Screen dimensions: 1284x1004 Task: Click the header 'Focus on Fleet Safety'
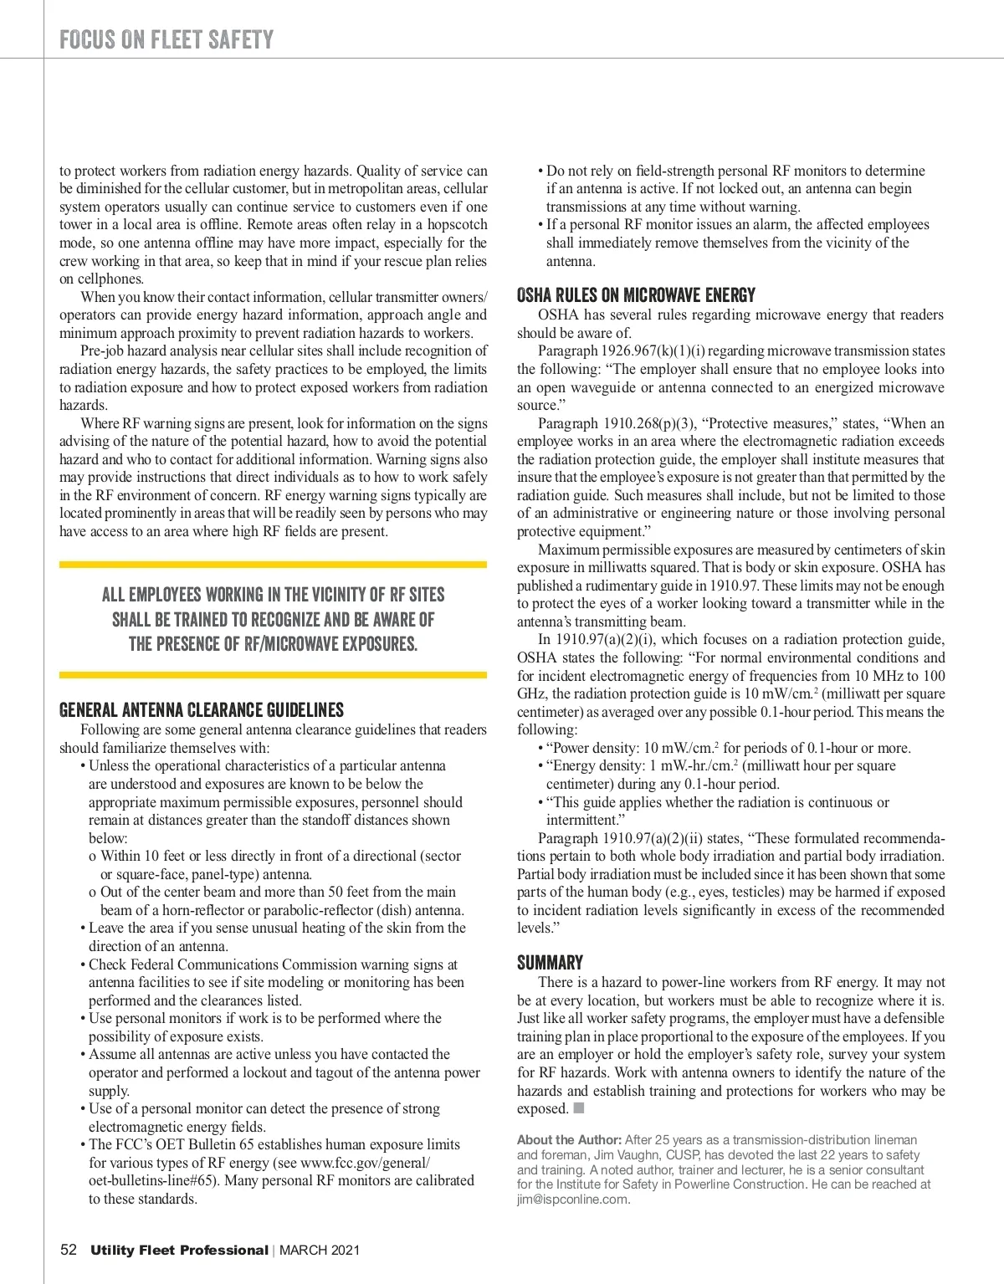pos(166,39)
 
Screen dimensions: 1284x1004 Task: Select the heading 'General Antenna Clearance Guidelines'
pos(202,710)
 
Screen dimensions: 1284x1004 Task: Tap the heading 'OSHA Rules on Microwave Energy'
pos(636,295)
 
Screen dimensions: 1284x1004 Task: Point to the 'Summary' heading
pos(550,962)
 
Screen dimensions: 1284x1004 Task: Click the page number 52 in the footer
pos(69,1250)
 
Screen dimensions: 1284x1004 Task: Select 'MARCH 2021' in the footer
pos(320,1251)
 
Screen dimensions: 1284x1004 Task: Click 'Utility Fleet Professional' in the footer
pos(179,1251)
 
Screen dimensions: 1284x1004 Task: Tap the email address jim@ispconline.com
pos(572,1199)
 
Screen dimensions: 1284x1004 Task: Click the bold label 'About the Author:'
pos(569,1139)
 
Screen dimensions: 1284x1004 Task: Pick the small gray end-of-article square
pos(579,1108)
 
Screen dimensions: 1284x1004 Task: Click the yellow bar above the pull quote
pos(273,565)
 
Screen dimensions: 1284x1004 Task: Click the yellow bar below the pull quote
pos(273,674)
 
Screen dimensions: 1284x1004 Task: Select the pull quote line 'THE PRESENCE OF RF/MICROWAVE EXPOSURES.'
pos(273,644)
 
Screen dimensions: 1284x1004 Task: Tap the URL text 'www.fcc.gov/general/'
pos(366,1163)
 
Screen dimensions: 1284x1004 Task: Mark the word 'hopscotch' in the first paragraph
pos(457,224)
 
